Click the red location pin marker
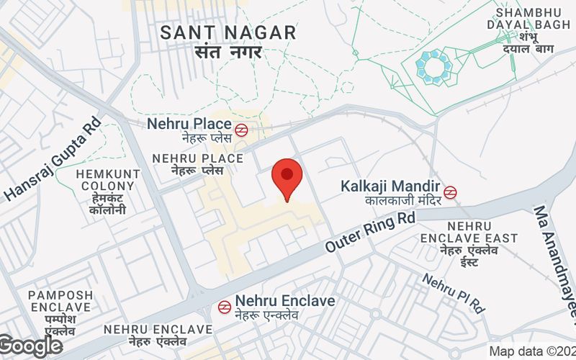click(287, 178)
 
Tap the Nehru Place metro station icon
click(241, 130)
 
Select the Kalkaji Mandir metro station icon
click(451, 192)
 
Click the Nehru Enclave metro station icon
click(225, 307)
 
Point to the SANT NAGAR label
click(228, 32)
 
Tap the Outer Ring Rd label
click(372, 230)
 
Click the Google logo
click(31, 346)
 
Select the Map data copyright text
click(532, 351)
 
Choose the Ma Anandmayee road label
click(555, 259)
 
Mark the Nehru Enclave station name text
click(286, 301)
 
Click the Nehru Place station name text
click(189, 124)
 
